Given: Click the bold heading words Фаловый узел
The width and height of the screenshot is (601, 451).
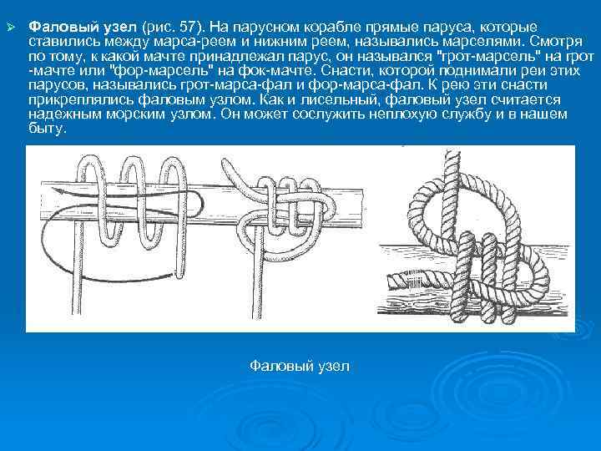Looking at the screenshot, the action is [x=83, y=28].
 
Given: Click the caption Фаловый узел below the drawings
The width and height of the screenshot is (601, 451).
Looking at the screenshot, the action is [x=300, y=366].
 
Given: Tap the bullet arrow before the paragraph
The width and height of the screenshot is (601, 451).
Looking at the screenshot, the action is [x=12, y=28].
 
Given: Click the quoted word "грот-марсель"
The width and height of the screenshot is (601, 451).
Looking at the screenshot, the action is [x=492, y=57].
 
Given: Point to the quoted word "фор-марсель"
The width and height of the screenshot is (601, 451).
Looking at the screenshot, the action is [x=164, y=70].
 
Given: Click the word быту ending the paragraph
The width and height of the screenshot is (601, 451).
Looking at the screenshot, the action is [x=47, y=129].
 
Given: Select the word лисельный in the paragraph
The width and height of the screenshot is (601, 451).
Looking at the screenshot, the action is [x=340, y=99].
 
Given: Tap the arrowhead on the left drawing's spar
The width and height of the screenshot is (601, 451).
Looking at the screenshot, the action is [x=55, y=190].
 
